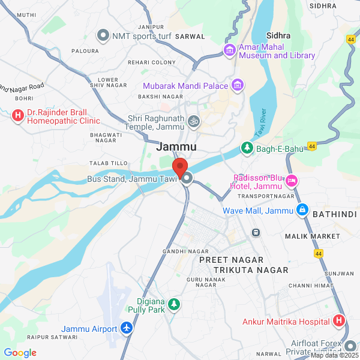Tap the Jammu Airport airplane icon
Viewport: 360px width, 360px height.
[127, 328]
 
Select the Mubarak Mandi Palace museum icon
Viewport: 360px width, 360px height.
[238, 86]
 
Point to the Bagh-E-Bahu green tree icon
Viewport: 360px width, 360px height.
[246, 147]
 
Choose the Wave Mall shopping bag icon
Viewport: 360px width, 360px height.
[302, 211]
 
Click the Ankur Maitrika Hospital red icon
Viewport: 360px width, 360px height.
[339, 321]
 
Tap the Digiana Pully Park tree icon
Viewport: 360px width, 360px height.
[174, 305]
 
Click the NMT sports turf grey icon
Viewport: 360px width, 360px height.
[103, 36]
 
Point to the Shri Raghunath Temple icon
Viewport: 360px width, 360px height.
[193, 122]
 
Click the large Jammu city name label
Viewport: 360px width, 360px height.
[176, 146]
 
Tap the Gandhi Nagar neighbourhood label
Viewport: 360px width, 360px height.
[185, 251]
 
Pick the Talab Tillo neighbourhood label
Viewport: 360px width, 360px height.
[109, 163]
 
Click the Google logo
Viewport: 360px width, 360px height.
[20, 353]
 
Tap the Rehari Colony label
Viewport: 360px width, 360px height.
[151, 62]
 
